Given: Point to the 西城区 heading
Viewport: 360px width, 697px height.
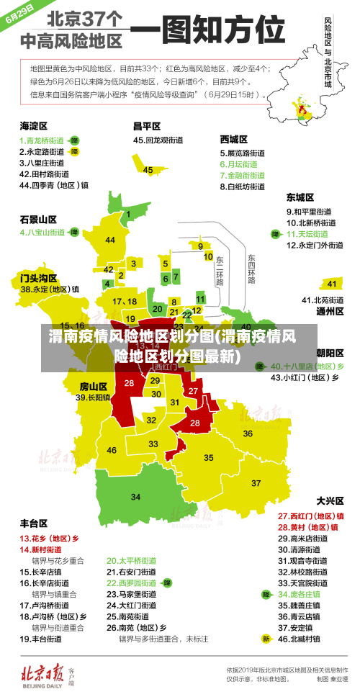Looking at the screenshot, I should (x=234, y=139).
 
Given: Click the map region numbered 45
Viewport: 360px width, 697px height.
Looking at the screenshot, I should (x=148, y=170).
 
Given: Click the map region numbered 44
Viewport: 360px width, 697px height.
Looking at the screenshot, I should (x=110, y=240).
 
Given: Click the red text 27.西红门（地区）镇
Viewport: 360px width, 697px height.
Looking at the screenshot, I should (x=310, y=516).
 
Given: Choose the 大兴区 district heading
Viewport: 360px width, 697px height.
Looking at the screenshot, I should (x=330, y=500).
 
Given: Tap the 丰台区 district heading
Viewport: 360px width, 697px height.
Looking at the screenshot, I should (x=33, y=523).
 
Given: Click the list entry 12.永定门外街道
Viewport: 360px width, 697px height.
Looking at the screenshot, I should (x=315, y=245).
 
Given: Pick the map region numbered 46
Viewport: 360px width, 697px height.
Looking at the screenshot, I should (x=112, y=450).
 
